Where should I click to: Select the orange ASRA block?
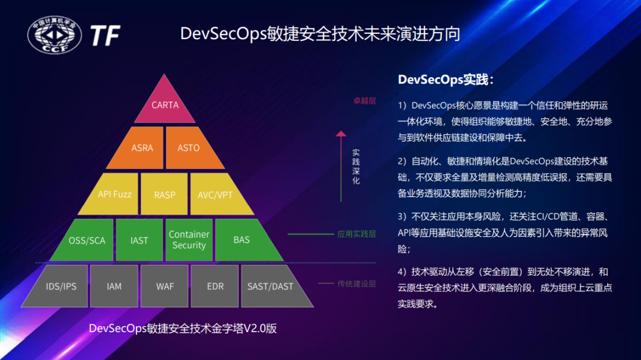(x=139, y=148)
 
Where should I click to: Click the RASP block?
(x=164, y=194)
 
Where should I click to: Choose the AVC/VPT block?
(x=218, y=194)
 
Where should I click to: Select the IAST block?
(x=139, y=240)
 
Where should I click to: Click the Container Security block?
(x=189, y=240)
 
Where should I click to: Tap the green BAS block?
(x=245, y=240)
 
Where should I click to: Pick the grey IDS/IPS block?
(x=58, y=286)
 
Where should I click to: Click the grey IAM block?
(x=114, y=286)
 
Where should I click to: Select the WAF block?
(x=164, y=286)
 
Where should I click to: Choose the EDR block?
(x=215, y=286)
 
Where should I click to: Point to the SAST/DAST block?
(x=274, y=286)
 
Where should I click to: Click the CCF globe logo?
(x=55, y=35)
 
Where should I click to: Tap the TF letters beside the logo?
(x=104, y=35)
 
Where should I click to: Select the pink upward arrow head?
(x=341, y=133)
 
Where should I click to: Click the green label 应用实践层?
(x=357, y=234)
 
